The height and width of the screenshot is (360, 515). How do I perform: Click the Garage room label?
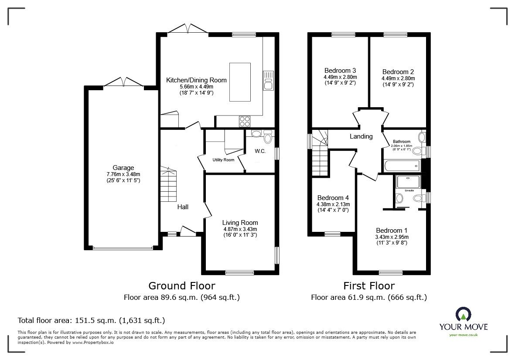tap(123, 167)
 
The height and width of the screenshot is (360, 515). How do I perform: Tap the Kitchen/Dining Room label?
tap(196, 80)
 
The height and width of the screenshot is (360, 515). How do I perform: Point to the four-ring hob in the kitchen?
tap(244, 121)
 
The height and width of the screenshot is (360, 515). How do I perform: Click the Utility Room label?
tap(223, 160)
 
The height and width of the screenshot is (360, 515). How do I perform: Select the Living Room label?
tap(240, 222)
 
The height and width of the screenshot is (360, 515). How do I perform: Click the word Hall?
tap(183, 207)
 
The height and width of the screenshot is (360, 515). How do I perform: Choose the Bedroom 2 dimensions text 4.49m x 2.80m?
tap(398, 78)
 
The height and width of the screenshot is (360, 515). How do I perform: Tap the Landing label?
tap(361, 136)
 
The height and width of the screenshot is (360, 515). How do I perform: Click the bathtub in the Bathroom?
tap(402, 166)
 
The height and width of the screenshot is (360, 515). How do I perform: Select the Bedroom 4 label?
tap(333, 197)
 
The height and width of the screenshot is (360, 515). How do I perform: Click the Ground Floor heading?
tap(181, 285)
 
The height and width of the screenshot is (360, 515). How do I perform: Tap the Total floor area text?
tap(91, 320)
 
